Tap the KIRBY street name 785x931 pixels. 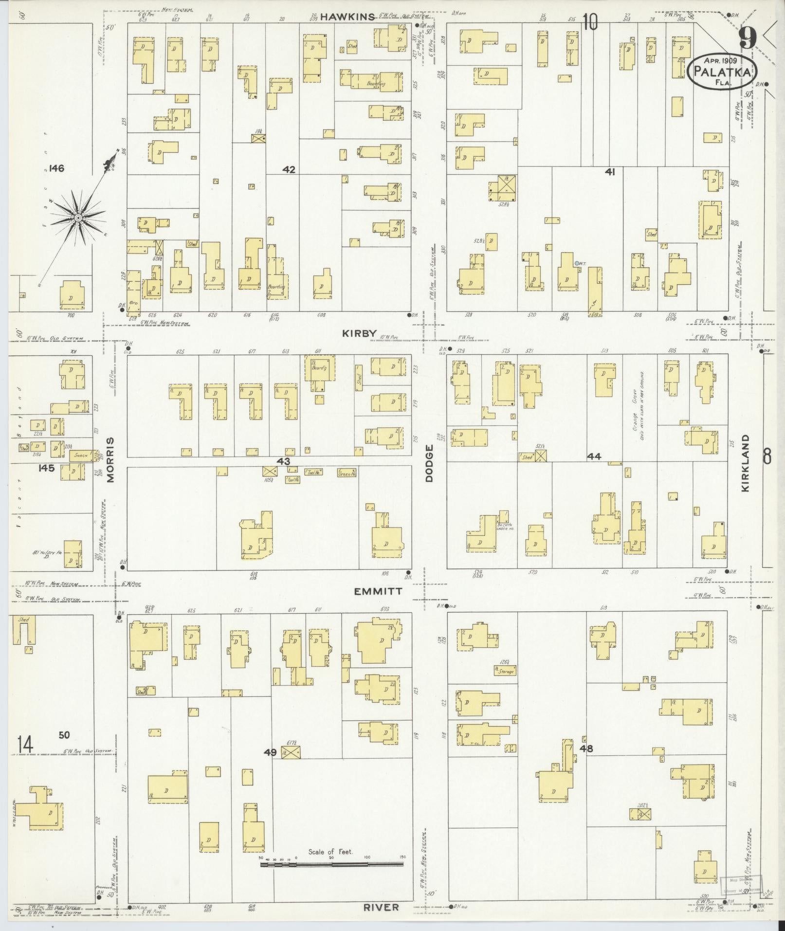[x=359, y=333]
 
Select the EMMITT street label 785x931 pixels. [x=378, y=591]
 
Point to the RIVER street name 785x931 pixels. [x=382, y=907]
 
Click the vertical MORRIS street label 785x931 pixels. [x=110, y=460]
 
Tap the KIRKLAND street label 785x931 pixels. [x=746, y=463]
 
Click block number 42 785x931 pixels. [x=289, y=170]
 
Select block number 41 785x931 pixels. [x=610, y=171]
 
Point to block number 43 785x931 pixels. [x=283, y=461]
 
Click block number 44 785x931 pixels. [x=594, y=456]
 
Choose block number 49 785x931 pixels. [x=270, y=766]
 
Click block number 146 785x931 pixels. [x=56, y=168]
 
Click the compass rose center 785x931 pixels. [x=77, y=218]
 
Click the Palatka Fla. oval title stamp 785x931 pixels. [x=723, y=71]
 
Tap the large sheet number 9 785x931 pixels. [x=747, y=37]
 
